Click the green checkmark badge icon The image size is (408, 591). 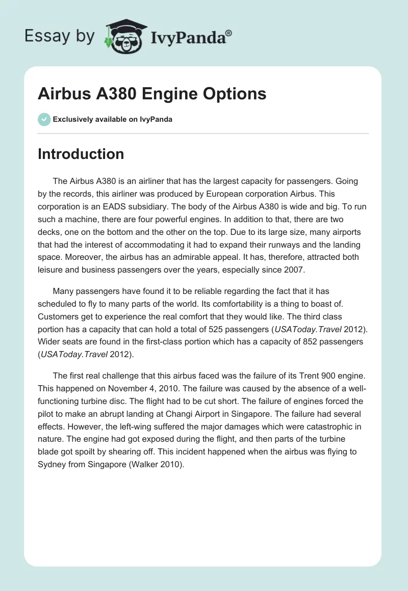[x=44, y=119]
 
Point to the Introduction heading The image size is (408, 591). [x=81, y=154]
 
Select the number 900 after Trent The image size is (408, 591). [x=319, y=376]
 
